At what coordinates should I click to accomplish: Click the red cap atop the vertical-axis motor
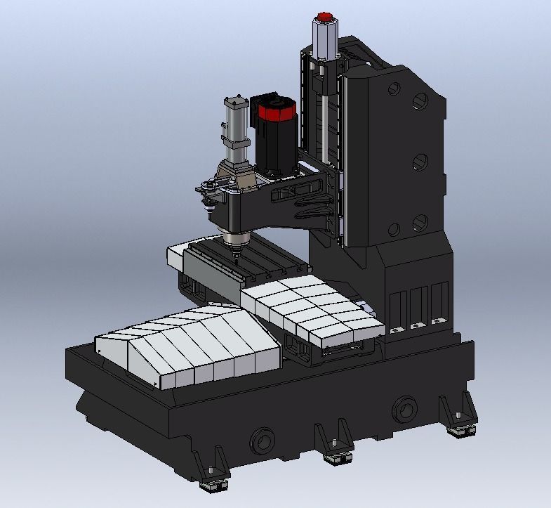coord(325,16)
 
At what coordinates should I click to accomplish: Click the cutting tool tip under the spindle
coord(236,259)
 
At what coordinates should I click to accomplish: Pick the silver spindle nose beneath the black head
coord(233,242)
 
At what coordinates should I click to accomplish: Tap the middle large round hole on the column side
coord(420,162)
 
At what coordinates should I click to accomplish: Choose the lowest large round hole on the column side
coord(420,223)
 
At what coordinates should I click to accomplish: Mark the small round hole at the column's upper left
coord(394,89)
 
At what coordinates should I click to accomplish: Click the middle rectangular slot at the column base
coord(420,306)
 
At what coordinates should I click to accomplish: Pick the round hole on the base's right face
coord(405,407)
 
